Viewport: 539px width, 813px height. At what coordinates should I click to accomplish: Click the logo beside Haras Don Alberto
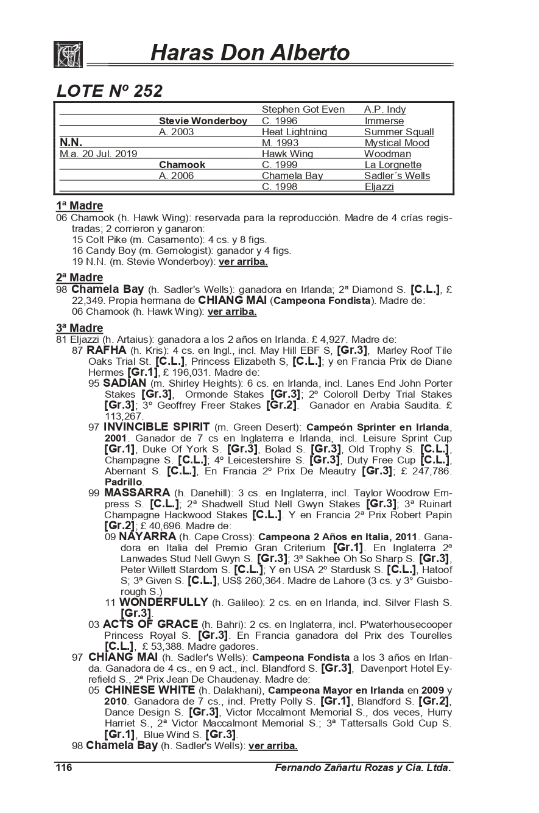pyautogui.click(x=68, y=54)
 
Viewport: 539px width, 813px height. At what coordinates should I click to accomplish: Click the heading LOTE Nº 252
pyautogui.click(x=110, y=91)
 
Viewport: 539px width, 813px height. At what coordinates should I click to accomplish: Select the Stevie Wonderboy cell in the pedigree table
pyautogui.click(x=203, y=121)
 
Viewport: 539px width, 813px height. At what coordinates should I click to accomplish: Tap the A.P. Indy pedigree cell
pyautogui.click(x=385, y=110)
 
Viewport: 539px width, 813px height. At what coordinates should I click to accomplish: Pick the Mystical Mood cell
pyautogui.click(x=396, y=143)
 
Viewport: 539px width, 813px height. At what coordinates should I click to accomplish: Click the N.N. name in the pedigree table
pyautogui.click(x=71, y=143)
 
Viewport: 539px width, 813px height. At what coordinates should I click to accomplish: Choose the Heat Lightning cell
pyautogui.click(x=294, y=132)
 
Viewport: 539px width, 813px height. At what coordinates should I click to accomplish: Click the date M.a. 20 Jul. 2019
pyautogui.click(x=98, y=154)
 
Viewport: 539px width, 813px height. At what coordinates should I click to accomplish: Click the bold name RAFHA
pyautogui.click(x=107, y=350)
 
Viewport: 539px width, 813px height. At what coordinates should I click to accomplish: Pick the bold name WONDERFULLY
pyautogui.click(x=164, y=602)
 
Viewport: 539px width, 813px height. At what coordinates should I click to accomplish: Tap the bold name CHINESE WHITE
pyautogui.click(x=149, y=690)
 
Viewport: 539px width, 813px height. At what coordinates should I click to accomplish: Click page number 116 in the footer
pyautogui.click(x=64, y=768)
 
